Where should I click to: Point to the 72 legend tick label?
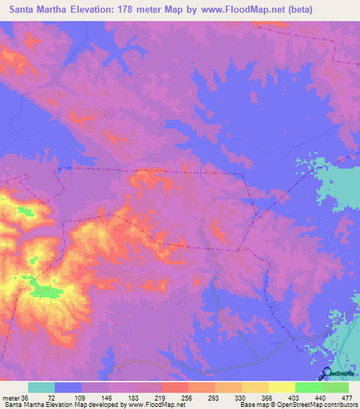pos(51,398)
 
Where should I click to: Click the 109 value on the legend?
pos(77,398)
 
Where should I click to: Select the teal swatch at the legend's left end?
pos(41,387)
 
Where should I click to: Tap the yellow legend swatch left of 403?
pos(281,387)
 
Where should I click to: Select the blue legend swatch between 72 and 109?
pos(68,387)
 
